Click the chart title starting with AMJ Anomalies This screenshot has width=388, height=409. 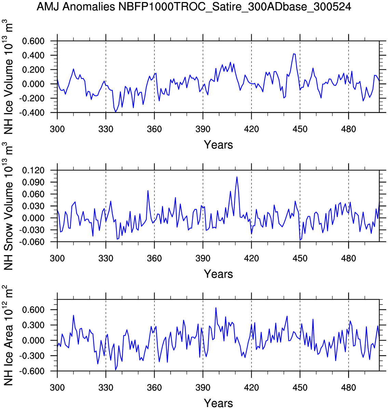[194, 6]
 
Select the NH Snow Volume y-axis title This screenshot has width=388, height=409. [9, 207]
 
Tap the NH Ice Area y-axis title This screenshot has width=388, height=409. [9, 337]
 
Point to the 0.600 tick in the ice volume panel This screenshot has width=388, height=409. [34, 41]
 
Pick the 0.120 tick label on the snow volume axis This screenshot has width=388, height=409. [34, 170]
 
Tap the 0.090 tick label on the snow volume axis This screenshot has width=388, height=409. [34, 182]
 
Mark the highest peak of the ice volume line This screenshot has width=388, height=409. [294, 54]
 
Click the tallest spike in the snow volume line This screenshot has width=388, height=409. [237, 177]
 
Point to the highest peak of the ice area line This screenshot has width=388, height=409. [216, 308]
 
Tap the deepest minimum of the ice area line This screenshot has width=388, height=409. [116, 370]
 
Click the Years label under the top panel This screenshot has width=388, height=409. [218, 145]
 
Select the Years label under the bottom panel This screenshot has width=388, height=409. [218, 403]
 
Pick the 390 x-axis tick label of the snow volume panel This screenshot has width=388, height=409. [203, 258]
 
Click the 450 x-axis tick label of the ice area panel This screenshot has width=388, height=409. [300, 387]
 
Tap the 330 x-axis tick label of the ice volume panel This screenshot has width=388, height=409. [106, 129]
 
